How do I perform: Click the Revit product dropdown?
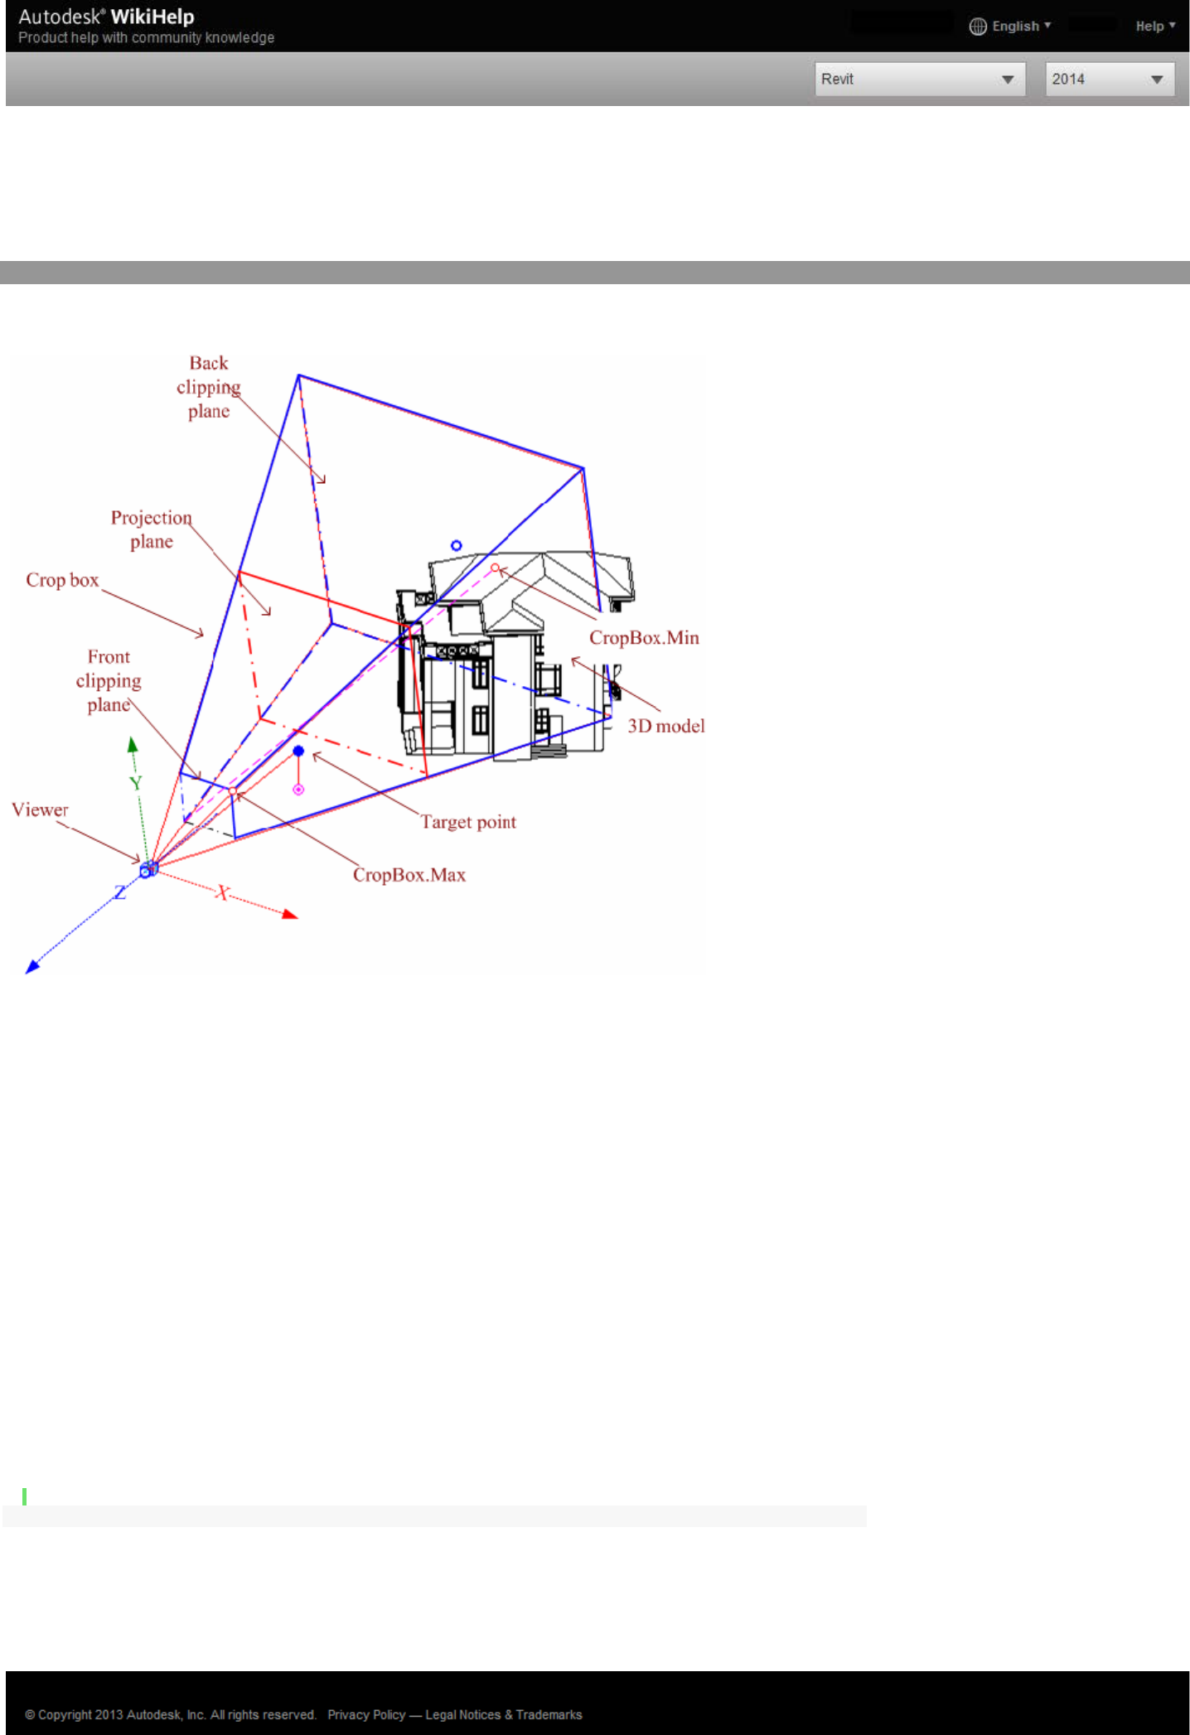click(x=919, y=80)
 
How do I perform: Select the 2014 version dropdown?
click(x=1109, y=80)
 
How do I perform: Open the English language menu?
click(x=1010, y=27)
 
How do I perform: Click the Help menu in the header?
click(x=1154, y=27)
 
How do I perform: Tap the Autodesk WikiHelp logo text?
click(x=106, y=17)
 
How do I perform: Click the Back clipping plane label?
click(x=209, y=387)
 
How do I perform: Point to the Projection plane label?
click(x=152, y=529)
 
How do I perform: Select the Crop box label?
click(x=62, y=580)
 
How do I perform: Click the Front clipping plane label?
click(x=109, y=680)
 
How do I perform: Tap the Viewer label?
click(x=40, y=810)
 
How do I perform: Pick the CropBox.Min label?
click(x=644, y=637)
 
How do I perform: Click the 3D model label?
click(x=665, y=726)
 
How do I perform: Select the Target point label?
click(x=468, y=822)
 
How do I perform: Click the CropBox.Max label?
click(x=409, y=875)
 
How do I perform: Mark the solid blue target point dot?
click(x=298, y=752)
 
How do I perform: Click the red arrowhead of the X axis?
click(x=290, y=915)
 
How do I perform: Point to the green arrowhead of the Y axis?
click(x=133, y=744)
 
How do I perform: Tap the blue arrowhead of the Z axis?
click(x=32, y=966)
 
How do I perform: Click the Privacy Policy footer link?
click(x=366, y=1714)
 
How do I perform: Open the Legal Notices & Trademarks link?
click(x=504, y=1714)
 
